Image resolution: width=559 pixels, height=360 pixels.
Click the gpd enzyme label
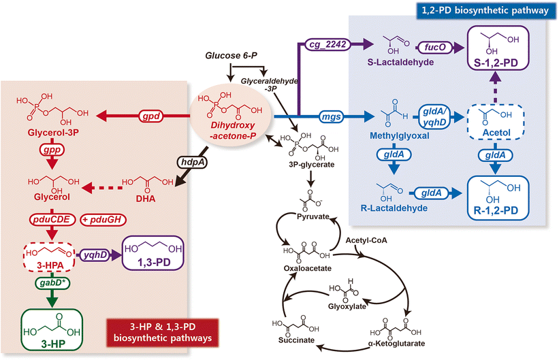156,117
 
